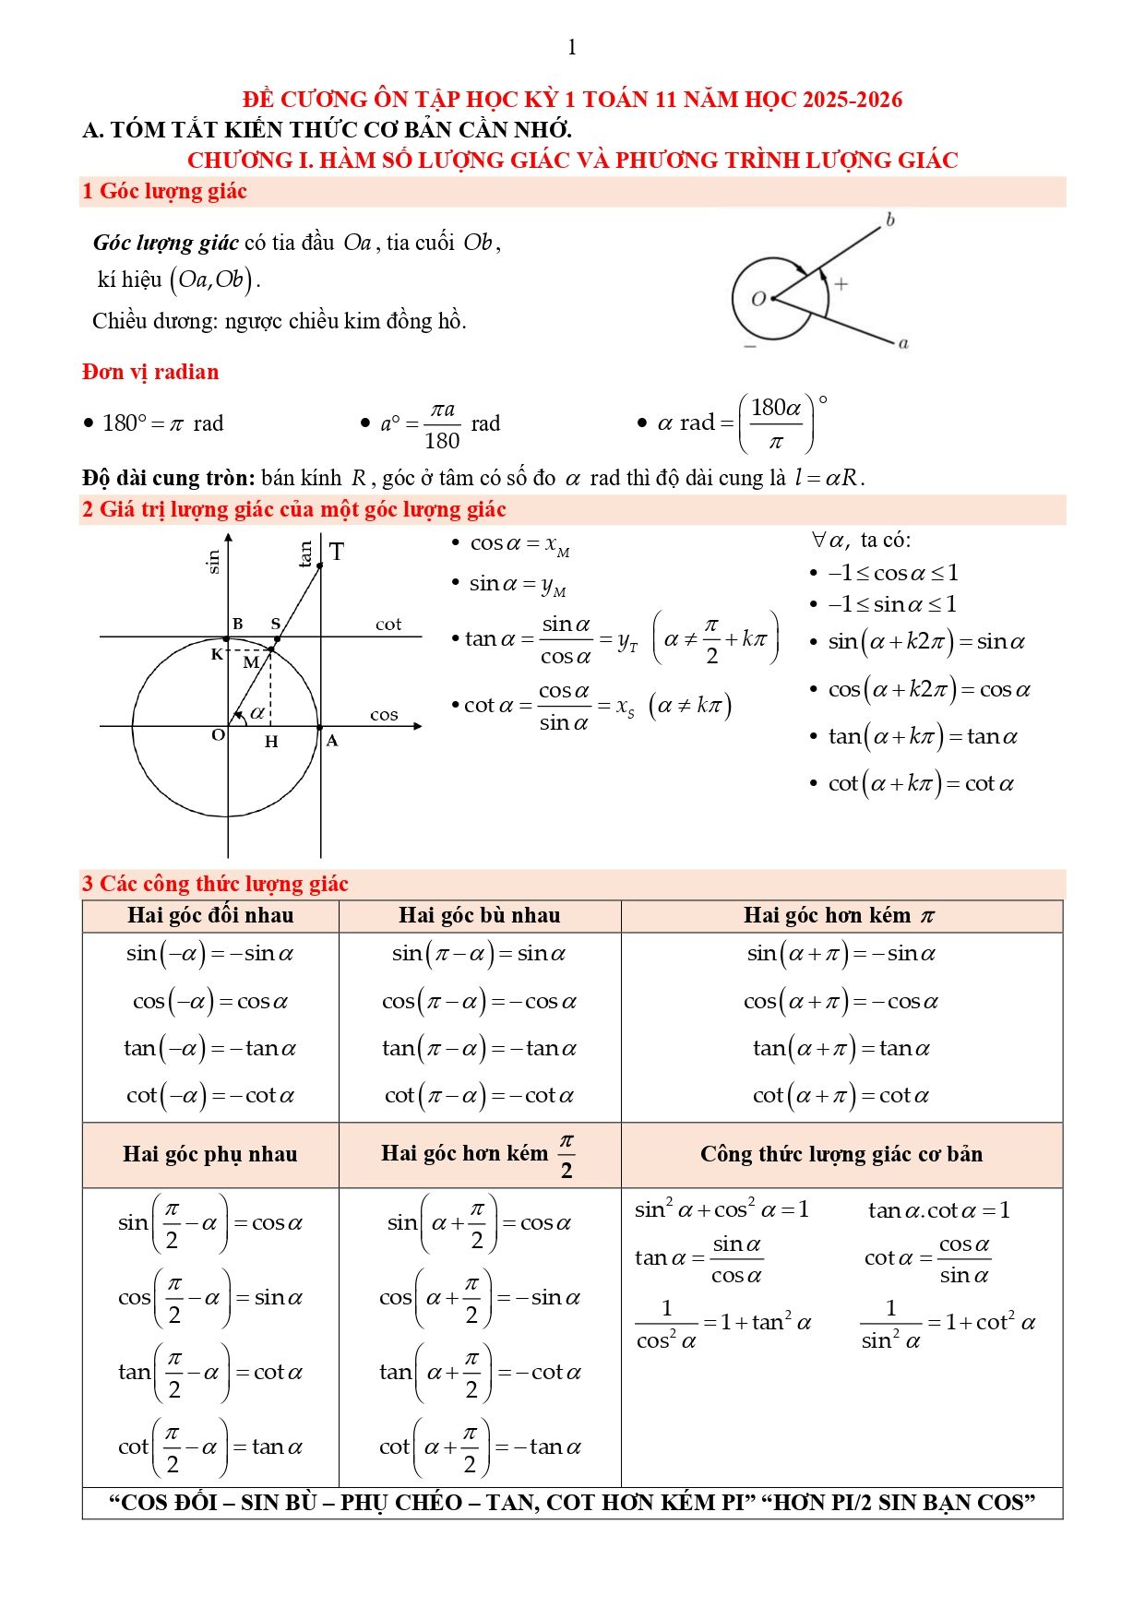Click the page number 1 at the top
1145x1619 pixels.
(572, 47)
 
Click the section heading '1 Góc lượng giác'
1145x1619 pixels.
(164, 192)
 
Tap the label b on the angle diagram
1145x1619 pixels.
(889, 220)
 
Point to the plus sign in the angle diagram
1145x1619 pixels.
(841, 284)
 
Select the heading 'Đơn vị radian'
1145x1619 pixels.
(150, 373)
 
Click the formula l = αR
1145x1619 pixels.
(829, 478)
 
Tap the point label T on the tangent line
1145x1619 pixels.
(337, 552)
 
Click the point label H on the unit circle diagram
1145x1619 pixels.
(271, 742)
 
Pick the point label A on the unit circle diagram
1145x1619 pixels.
(332, 741)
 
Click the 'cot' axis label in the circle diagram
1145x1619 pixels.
(388, 625)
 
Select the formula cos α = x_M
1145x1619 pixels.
(519, 544)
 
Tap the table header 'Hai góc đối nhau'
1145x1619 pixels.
(210, 915)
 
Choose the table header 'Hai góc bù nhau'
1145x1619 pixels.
(479, 915)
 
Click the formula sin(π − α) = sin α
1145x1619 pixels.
(479, 954)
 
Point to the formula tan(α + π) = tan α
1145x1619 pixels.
(841, 1049)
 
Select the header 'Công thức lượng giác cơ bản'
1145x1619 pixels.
(841, 1154)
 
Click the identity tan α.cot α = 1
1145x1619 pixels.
(938, 1210)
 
